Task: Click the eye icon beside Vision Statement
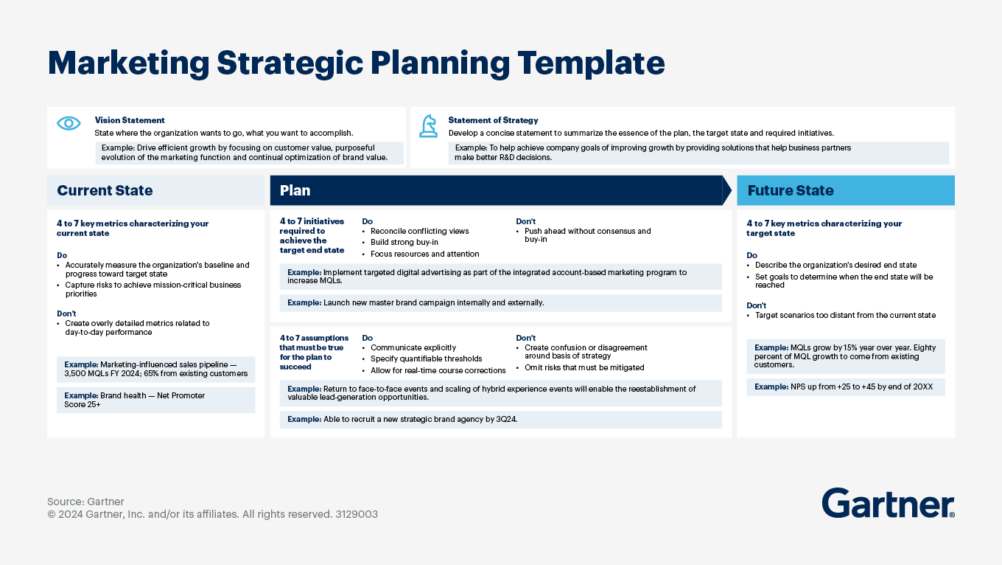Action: (69, 124)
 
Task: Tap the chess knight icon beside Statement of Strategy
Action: (428, 125)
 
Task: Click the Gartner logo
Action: (888, 503)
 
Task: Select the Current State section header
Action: (105, 190)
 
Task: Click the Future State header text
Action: (791, 190)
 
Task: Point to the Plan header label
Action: (295, 190)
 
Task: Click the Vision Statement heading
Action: (130, 120)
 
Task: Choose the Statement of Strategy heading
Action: (493, 120)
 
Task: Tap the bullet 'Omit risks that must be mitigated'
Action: (584, 367)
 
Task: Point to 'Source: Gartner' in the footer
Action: (85, 502)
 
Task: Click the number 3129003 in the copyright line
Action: (356, 514)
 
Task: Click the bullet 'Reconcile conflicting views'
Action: (419, 231)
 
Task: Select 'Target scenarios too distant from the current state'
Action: (845, 315)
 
